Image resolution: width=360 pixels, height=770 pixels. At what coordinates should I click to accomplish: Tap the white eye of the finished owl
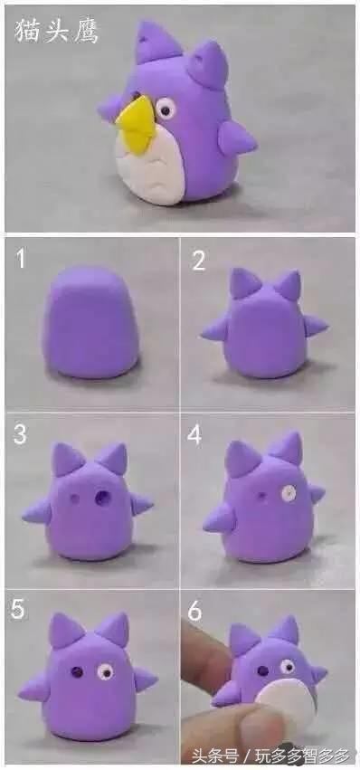coord(166,108)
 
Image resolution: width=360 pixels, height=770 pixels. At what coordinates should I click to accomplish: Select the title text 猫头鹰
coord(55,31)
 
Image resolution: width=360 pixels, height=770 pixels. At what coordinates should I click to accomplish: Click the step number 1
coord(20,258)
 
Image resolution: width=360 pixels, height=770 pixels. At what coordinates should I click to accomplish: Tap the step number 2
coord(198,261)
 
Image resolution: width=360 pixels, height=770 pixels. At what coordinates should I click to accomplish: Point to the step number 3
coord(20,434)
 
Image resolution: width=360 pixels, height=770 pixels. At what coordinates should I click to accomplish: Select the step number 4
coord(194,434)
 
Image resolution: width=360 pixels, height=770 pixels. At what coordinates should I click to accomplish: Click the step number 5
coord(18,609)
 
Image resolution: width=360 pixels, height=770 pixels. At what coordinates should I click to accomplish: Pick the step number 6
coord(195,610)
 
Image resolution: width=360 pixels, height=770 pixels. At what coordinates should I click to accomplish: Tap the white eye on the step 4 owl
coord(289,493)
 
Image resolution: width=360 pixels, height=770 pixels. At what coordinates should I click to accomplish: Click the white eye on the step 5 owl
coord(105,671)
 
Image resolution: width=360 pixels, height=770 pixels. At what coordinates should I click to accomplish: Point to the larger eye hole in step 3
coord(103,498)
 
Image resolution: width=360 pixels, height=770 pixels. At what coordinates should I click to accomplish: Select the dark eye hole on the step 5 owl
coord(77,670)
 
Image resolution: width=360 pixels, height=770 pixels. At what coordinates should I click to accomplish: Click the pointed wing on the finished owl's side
coord(237,138)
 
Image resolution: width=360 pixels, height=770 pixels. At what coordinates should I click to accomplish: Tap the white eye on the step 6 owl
coord(288,666)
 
